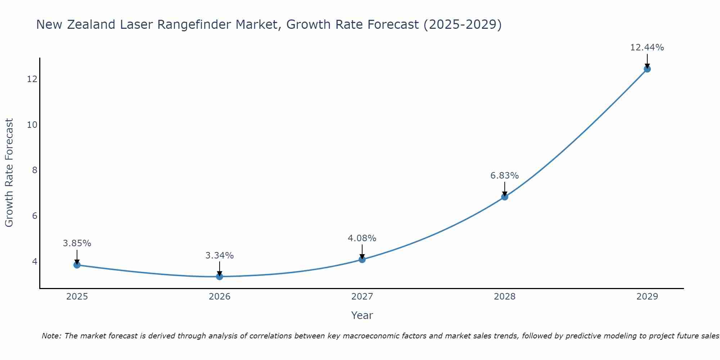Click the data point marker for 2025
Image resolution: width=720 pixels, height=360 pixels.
coord(77,265)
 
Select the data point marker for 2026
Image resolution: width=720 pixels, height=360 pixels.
coord(220,276)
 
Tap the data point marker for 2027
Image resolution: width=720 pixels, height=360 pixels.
coord(362,260)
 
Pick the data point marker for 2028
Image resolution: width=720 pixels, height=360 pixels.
coord(505,197)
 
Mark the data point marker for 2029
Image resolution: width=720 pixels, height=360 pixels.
coord(647,69)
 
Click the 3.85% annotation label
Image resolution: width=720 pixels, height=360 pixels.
coord(77,243)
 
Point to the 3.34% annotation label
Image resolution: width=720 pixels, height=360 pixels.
coord(220,256)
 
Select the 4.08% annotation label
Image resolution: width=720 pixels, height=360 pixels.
coord(362,238)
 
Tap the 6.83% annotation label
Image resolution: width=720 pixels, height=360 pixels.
coord(505,176)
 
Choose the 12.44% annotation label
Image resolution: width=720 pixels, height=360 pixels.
coord(647,48)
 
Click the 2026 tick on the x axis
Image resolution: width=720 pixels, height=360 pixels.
coord(220,297)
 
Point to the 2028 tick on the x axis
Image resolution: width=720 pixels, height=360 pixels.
coord(505,297)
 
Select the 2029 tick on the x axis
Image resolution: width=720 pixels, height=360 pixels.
coord(647,297)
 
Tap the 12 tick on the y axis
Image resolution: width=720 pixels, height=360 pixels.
coord(32,79)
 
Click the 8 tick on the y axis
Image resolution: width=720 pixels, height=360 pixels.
coord(35,170)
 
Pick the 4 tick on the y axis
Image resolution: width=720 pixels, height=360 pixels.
coord(35,261)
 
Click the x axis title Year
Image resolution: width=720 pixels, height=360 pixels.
coord(362,315)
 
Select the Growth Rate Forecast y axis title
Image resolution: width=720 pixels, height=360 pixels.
coord(9,173)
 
